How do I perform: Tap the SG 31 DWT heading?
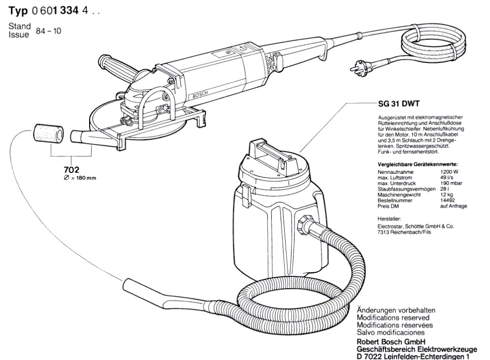tap(392, 105)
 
